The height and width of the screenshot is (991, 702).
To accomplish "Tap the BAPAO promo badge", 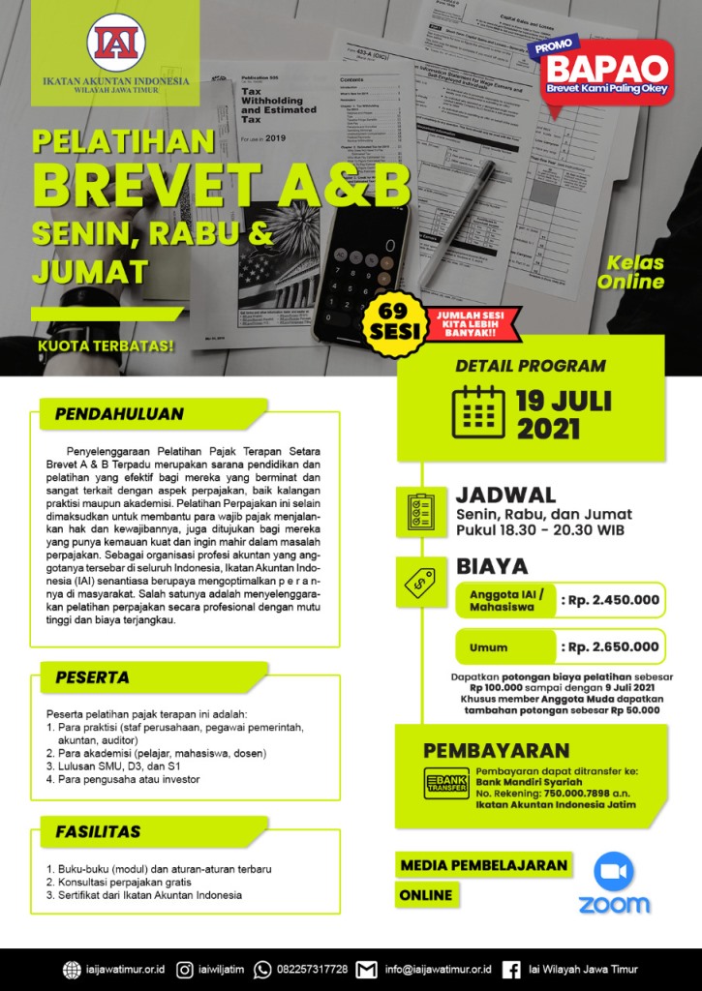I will coord(607,72).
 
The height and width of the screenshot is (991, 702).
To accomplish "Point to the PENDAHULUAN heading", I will coord(119,414).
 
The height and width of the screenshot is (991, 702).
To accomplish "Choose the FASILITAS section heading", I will coord(98,831).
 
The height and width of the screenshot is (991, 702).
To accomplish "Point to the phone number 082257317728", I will coord(312,969).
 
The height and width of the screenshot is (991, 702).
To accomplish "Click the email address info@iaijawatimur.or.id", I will coord(438,969).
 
